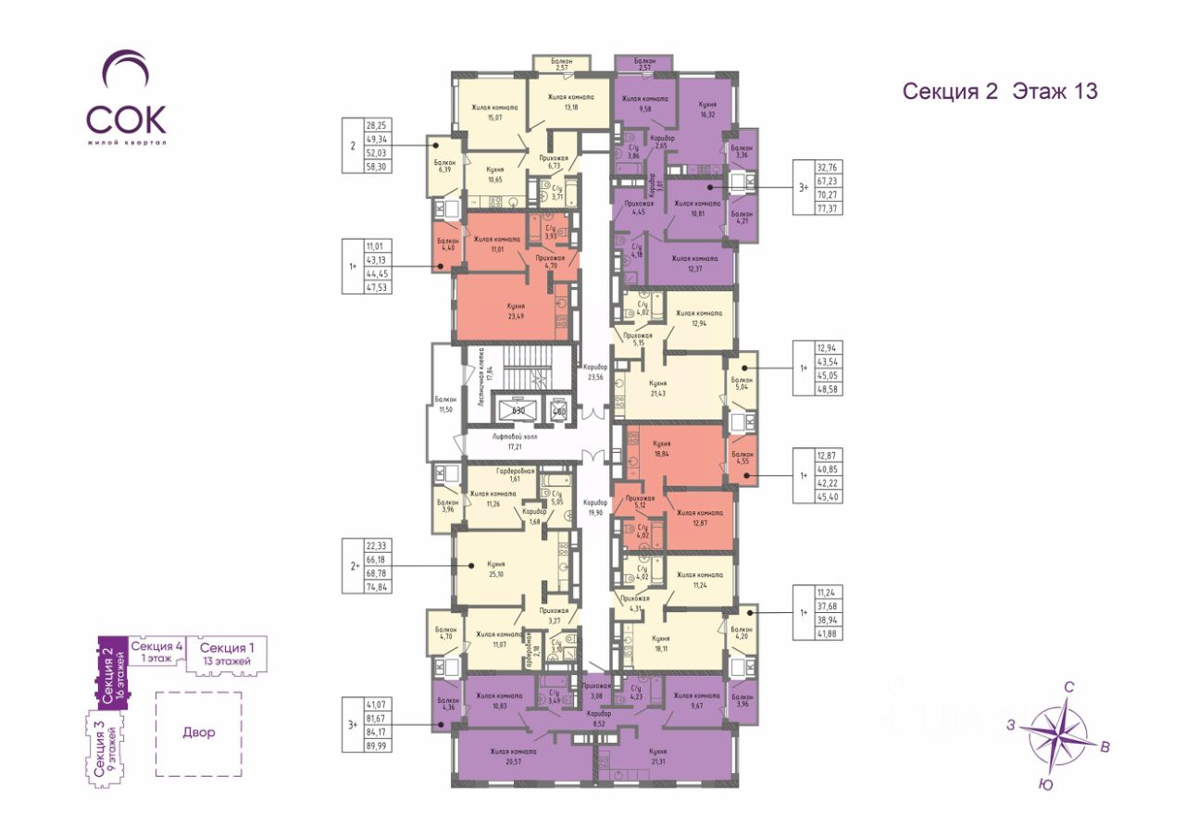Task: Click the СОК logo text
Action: coord(127,119)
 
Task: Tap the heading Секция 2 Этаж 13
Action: coord(1000,91)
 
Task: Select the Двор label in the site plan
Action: coord(198,733)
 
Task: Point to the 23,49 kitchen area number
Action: coord(516,315)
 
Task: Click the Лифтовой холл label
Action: coord(515,440)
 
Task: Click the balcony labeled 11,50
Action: coord(446,405)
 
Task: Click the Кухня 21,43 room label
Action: coord(658,387)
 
